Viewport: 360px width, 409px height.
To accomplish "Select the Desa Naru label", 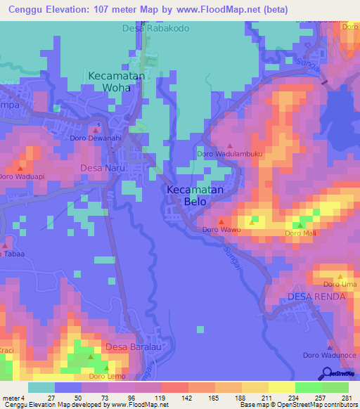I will [x=102, y=168].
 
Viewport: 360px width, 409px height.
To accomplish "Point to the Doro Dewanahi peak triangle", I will [x=96, y=129].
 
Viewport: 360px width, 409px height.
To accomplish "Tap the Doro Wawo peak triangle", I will [x=221, y=221].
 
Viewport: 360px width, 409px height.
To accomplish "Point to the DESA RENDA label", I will [x=316, y=297].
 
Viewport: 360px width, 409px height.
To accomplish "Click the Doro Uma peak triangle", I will [x=340, y=276].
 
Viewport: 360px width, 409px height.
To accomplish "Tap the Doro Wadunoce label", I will [x=330, y=356].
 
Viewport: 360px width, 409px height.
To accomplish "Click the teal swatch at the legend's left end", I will [x=41, y=387].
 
